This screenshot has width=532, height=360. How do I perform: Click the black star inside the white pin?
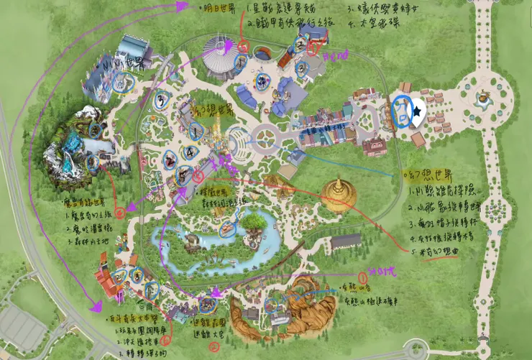tap(418, 111)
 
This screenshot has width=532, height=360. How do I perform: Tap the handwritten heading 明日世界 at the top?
tap(220, 10)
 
